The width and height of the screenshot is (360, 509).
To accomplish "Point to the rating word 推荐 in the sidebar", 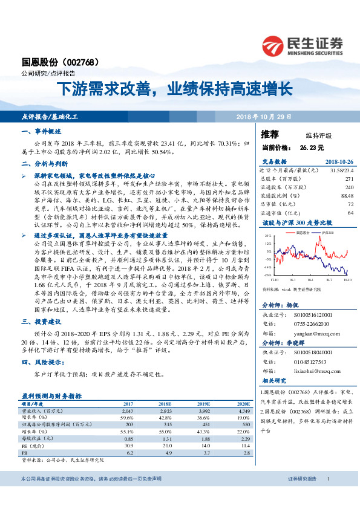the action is point(270,134).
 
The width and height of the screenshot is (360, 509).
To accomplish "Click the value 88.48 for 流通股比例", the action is point(346,195).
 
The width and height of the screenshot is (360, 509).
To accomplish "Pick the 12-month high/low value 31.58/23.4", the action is point(339,170).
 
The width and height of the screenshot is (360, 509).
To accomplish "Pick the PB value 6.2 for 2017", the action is point(129,452).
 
